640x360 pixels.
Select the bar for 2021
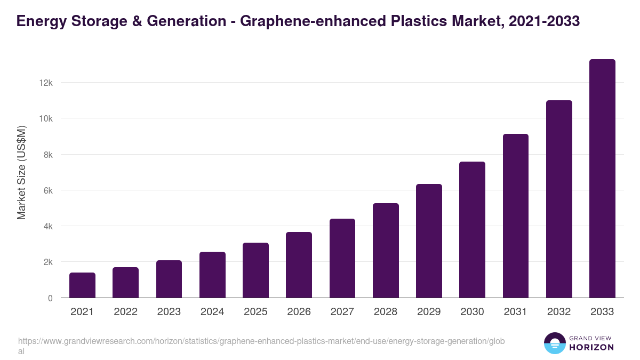82,285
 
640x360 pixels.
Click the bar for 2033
602,179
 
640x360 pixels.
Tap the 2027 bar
342,258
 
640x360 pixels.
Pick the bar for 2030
472,230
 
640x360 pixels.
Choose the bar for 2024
212,275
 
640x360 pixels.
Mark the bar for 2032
559,199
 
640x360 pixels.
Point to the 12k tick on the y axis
45,83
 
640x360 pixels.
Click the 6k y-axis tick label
47,190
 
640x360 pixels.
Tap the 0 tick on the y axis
50,298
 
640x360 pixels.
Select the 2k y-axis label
47,262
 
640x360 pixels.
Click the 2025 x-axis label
255,312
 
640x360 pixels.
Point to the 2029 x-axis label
429,312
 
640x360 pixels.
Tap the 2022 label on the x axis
125,312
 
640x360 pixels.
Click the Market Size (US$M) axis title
21,172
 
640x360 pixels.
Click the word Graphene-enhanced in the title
301,21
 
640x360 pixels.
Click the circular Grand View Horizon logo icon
555,343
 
